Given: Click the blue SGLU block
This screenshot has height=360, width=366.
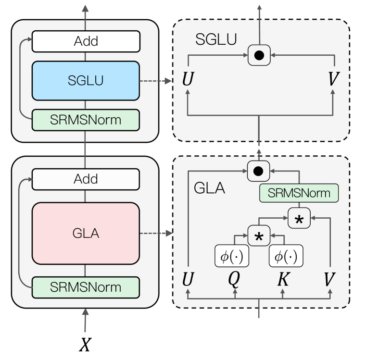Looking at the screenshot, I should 86,80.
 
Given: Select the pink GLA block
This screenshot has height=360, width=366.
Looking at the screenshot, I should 86,233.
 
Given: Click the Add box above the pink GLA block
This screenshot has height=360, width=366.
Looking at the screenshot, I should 86,179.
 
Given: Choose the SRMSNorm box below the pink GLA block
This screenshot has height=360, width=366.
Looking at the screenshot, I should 86,287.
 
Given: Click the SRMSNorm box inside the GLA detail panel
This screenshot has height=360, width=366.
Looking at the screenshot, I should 299,193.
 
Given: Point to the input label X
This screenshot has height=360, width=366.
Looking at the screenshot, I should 85,345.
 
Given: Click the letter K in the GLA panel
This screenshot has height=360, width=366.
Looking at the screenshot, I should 282,280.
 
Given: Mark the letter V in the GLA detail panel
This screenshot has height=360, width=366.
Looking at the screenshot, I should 329,280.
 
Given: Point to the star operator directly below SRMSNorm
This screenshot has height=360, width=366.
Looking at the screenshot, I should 299,218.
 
